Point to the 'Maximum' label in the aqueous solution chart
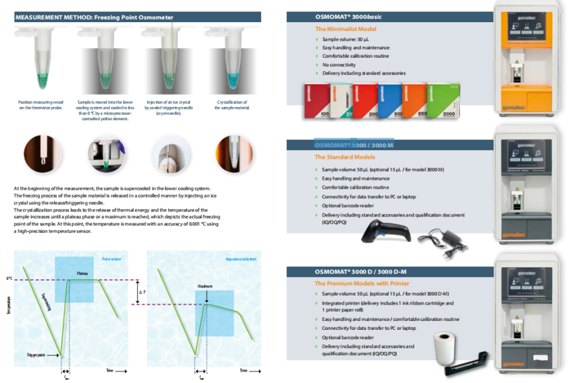(204, 286)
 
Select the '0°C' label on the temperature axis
(9, 279)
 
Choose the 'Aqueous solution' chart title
(239, 259)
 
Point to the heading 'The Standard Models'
(345, 157)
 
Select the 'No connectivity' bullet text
(339, 65)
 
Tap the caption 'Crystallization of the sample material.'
(232, 104)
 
